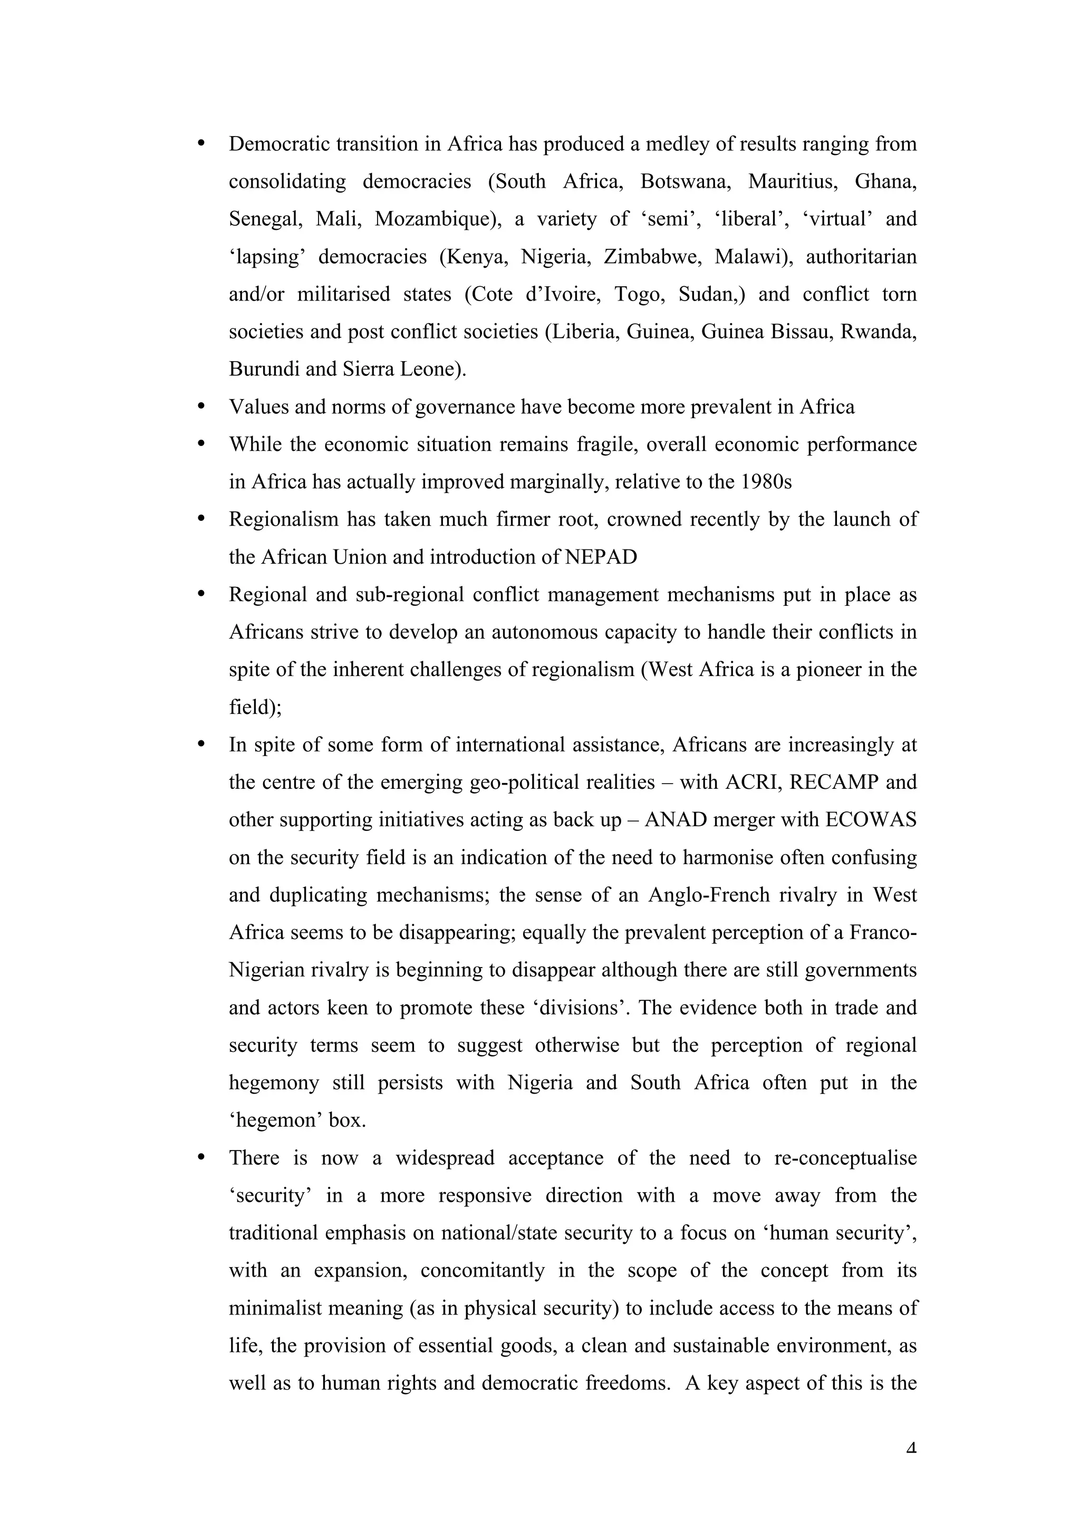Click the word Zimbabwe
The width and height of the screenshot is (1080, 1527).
coord(652,257)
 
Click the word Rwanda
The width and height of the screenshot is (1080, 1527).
coord(879,332)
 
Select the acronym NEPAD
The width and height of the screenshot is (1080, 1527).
coord(601,557)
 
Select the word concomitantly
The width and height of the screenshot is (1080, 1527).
coord(482,1271)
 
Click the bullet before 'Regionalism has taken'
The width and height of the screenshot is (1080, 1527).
coord(201,519)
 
